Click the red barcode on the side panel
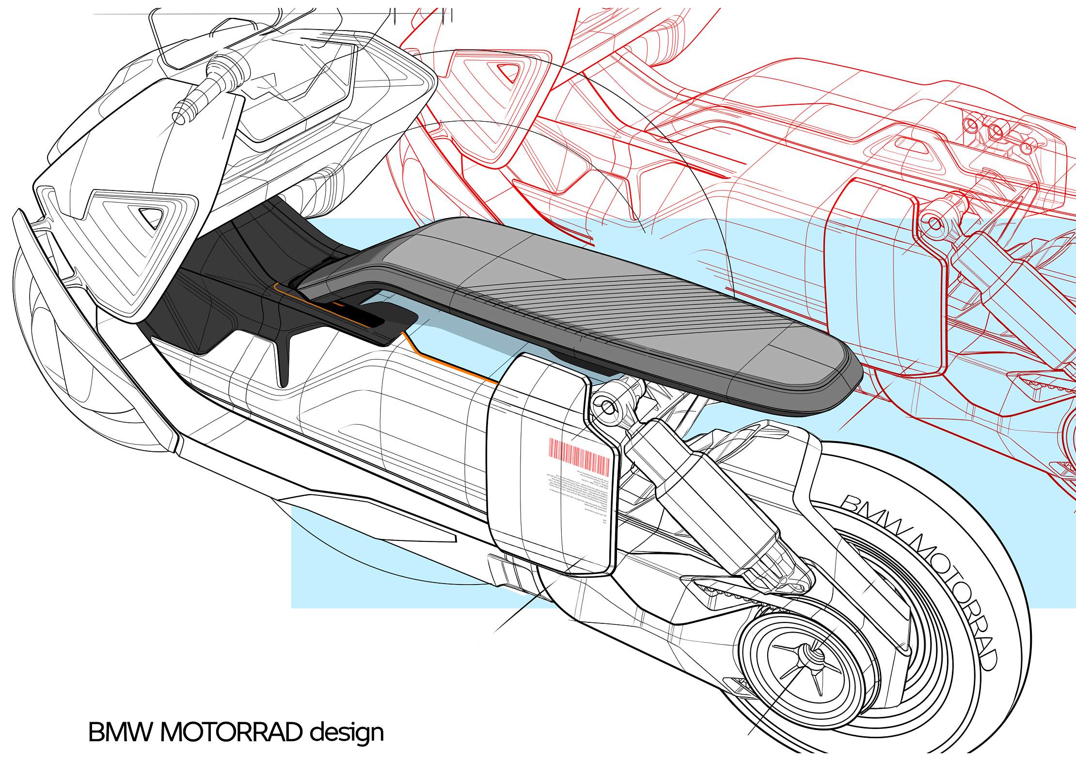(579, 456)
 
